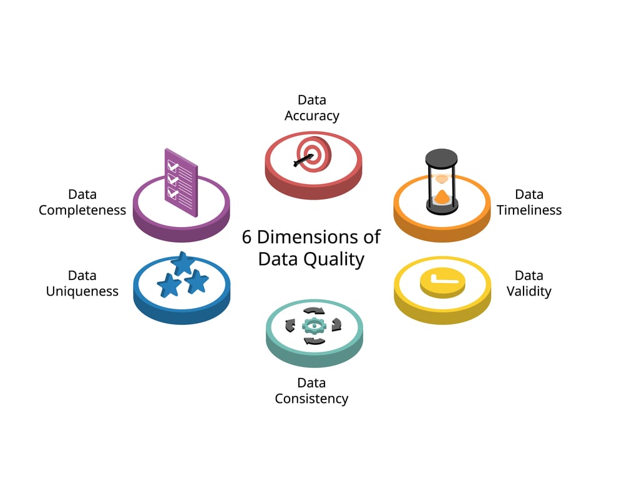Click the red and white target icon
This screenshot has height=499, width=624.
tap(314, 155)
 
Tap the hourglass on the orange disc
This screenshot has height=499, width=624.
tap(442, 182)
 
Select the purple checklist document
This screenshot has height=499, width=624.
tap(181, 183)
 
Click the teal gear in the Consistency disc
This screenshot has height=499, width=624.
tap(314, 326)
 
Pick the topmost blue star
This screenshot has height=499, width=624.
tap(183, 263)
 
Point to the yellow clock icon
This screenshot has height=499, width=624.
tap(442, 283)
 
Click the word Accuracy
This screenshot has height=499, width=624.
tap(312, 116)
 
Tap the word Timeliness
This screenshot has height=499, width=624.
tap(529, 210)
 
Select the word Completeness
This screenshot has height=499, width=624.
tap(82, 210)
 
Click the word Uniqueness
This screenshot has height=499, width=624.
tap(82, 291)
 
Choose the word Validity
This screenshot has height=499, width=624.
tap(529, 291)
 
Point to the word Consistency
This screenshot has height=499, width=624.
tap(311, 399)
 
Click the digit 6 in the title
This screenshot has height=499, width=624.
tap(246, 237)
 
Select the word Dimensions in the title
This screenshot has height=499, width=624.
tap(308, 237)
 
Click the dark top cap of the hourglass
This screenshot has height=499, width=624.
tap(442, 157)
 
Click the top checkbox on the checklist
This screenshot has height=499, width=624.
tap(173, 165)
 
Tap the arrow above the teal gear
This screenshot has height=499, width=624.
tap(314, 311)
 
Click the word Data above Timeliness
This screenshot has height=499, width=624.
tap(529, 194)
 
